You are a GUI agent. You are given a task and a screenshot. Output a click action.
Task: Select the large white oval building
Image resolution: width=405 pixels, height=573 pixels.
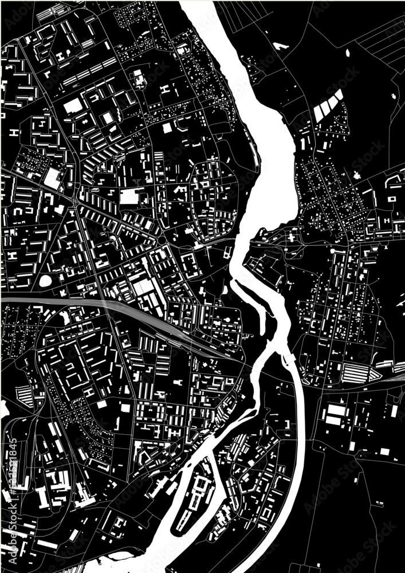pyautogui.click(x=45, y=281)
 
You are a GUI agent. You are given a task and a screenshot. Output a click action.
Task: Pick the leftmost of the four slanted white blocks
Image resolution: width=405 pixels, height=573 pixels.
pyautogui.click(x=318, y=113)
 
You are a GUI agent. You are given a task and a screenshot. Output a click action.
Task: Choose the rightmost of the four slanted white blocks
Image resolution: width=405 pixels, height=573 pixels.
pyautogui.click(x=339, y=95)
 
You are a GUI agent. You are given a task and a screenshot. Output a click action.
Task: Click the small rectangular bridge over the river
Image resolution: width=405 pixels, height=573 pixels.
pyautogui.click(x=289, y=359)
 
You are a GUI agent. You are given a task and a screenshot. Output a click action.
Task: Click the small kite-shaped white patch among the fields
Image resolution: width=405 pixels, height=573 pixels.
pyautogui.click(x=348, y=53)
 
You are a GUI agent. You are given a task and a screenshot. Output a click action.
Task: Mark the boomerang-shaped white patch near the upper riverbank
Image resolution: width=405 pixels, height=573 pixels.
pyautogui.click(x=280, y=45)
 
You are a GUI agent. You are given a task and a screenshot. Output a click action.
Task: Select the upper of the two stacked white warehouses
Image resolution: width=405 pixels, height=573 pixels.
pyautogui.click(x=336, y=410)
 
